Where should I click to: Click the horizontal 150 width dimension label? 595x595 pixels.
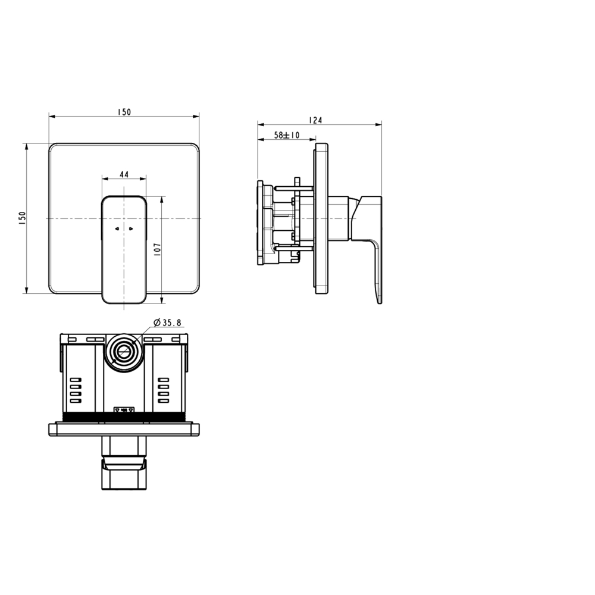coord(124,112)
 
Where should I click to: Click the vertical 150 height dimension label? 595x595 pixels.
coord(22,219)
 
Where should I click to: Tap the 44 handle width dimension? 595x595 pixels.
coord(124,174)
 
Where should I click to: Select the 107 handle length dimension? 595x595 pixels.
coord(158,249)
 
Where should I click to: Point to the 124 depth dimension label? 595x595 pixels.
coord(315,120)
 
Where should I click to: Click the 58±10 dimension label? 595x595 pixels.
coord(287,135)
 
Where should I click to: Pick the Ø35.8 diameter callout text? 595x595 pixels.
coord(168,323)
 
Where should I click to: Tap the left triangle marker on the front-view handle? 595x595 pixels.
coord(117,229)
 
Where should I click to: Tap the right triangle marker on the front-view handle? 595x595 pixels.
coord(131,229)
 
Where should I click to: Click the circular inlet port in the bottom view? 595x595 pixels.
coord(124,352)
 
